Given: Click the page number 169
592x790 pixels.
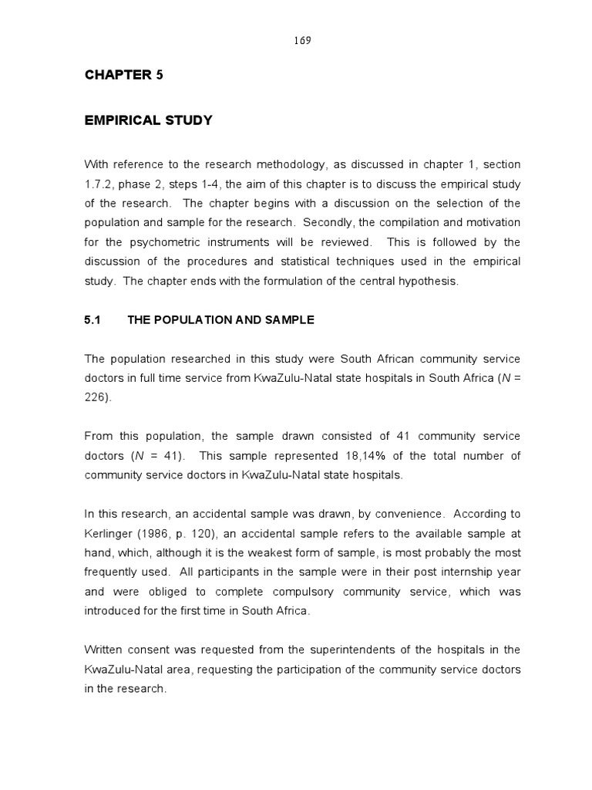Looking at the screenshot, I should click(x=302, y=41).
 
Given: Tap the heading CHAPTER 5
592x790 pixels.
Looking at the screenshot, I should click(x=123, y=75).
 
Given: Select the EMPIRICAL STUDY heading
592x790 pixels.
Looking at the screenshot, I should click(x=148, y=120).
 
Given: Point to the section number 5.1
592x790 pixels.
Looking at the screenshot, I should click(x=92, y=320).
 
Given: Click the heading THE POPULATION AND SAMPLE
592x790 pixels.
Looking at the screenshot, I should click(x=220, y=320).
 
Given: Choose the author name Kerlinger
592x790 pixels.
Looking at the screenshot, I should click(x=108, y=533).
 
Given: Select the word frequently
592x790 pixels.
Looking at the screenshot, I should click(x=113, y=572).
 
